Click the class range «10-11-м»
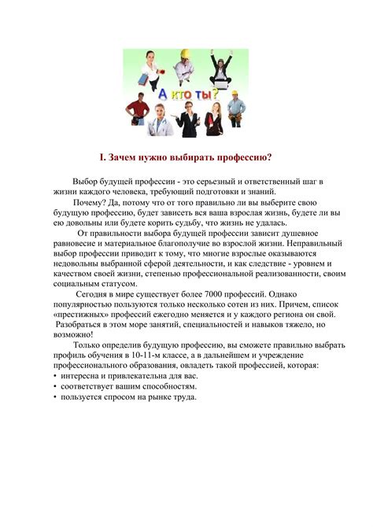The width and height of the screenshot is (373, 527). click(x=168, y=355)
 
